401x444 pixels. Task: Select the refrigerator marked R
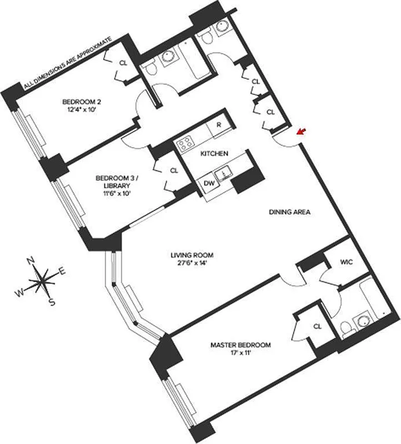pyautogui.click(x=219, y=125)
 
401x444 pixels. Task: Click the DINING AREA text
pyautogui.click(x=289, y=212)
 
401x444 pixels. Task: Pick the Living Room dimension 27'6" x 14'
pyautogui.click(x=192, y=264)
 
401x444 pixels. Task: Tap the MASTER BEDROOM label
pyautogui.click(x=240, y=345)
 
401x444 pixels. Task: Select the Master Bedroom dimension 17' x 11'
pyautogui.click(x=240, y=354)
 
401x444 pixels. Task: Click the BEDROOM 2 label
pyautogui.click(x=81, y=102)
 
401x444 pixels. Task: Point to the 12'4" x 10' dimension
pyautogui.click(x=81, y=110)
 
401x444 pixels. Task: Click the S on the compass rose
pyautogui.click(x=52, y=302)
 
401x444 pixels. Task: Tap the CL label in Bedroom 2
pyautogui.click(x=123, y=63)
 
